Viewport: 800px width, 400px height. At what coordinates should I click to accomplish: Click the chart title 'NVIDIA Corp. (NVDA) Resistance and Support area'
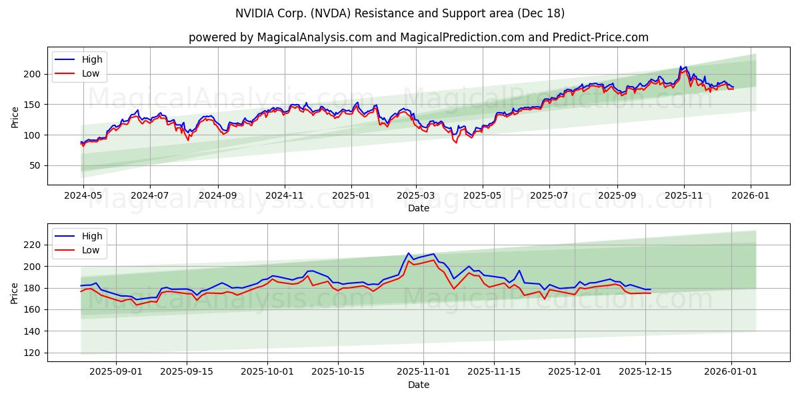pos(399,13)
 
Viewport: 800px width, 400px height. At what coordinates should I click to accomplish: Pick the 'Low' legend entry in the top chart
pos(91,73)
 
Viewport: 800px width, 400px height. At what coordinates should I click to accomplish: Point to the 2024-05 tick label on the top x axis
pos(83,197)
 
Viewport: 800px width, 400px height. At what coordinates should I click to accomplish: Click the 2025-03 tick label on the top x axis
pos(416,197)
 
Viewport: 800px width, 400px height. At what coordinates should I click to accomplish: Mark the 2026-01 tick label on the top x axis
pos(751,197)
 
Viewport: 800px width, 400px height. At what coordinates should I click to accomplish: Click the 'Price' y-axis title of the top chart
pos(15,117)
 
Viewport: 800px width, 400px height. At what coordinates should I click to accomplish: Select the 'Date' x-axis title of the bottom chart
pos(418,385)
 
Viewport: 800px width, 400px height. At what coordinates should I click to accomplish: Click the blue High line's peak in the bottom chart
pos(409,253)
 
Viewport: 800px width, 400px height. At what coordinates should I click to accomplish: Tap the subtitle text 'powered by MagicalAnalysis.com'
pos(279,37)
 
